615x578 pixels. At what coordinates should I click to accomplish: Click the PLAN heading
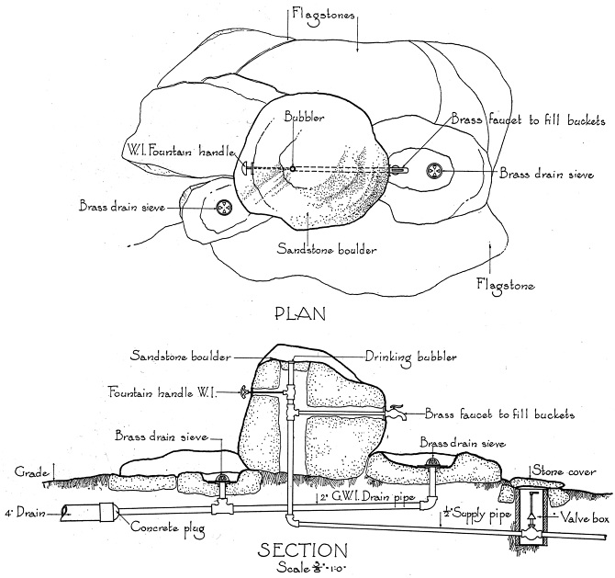pos(301,313)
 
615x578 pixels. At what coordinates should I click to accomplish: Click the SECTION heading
pos(302,550)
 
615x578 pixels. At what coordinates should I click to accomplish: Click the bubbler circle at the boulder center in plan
pos(292,168)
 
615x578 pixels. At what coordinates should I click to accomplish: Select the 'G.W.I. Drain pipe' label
pos(361,497)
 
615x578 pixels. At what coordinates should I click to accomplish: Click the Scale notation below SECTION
pos(302,567)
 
